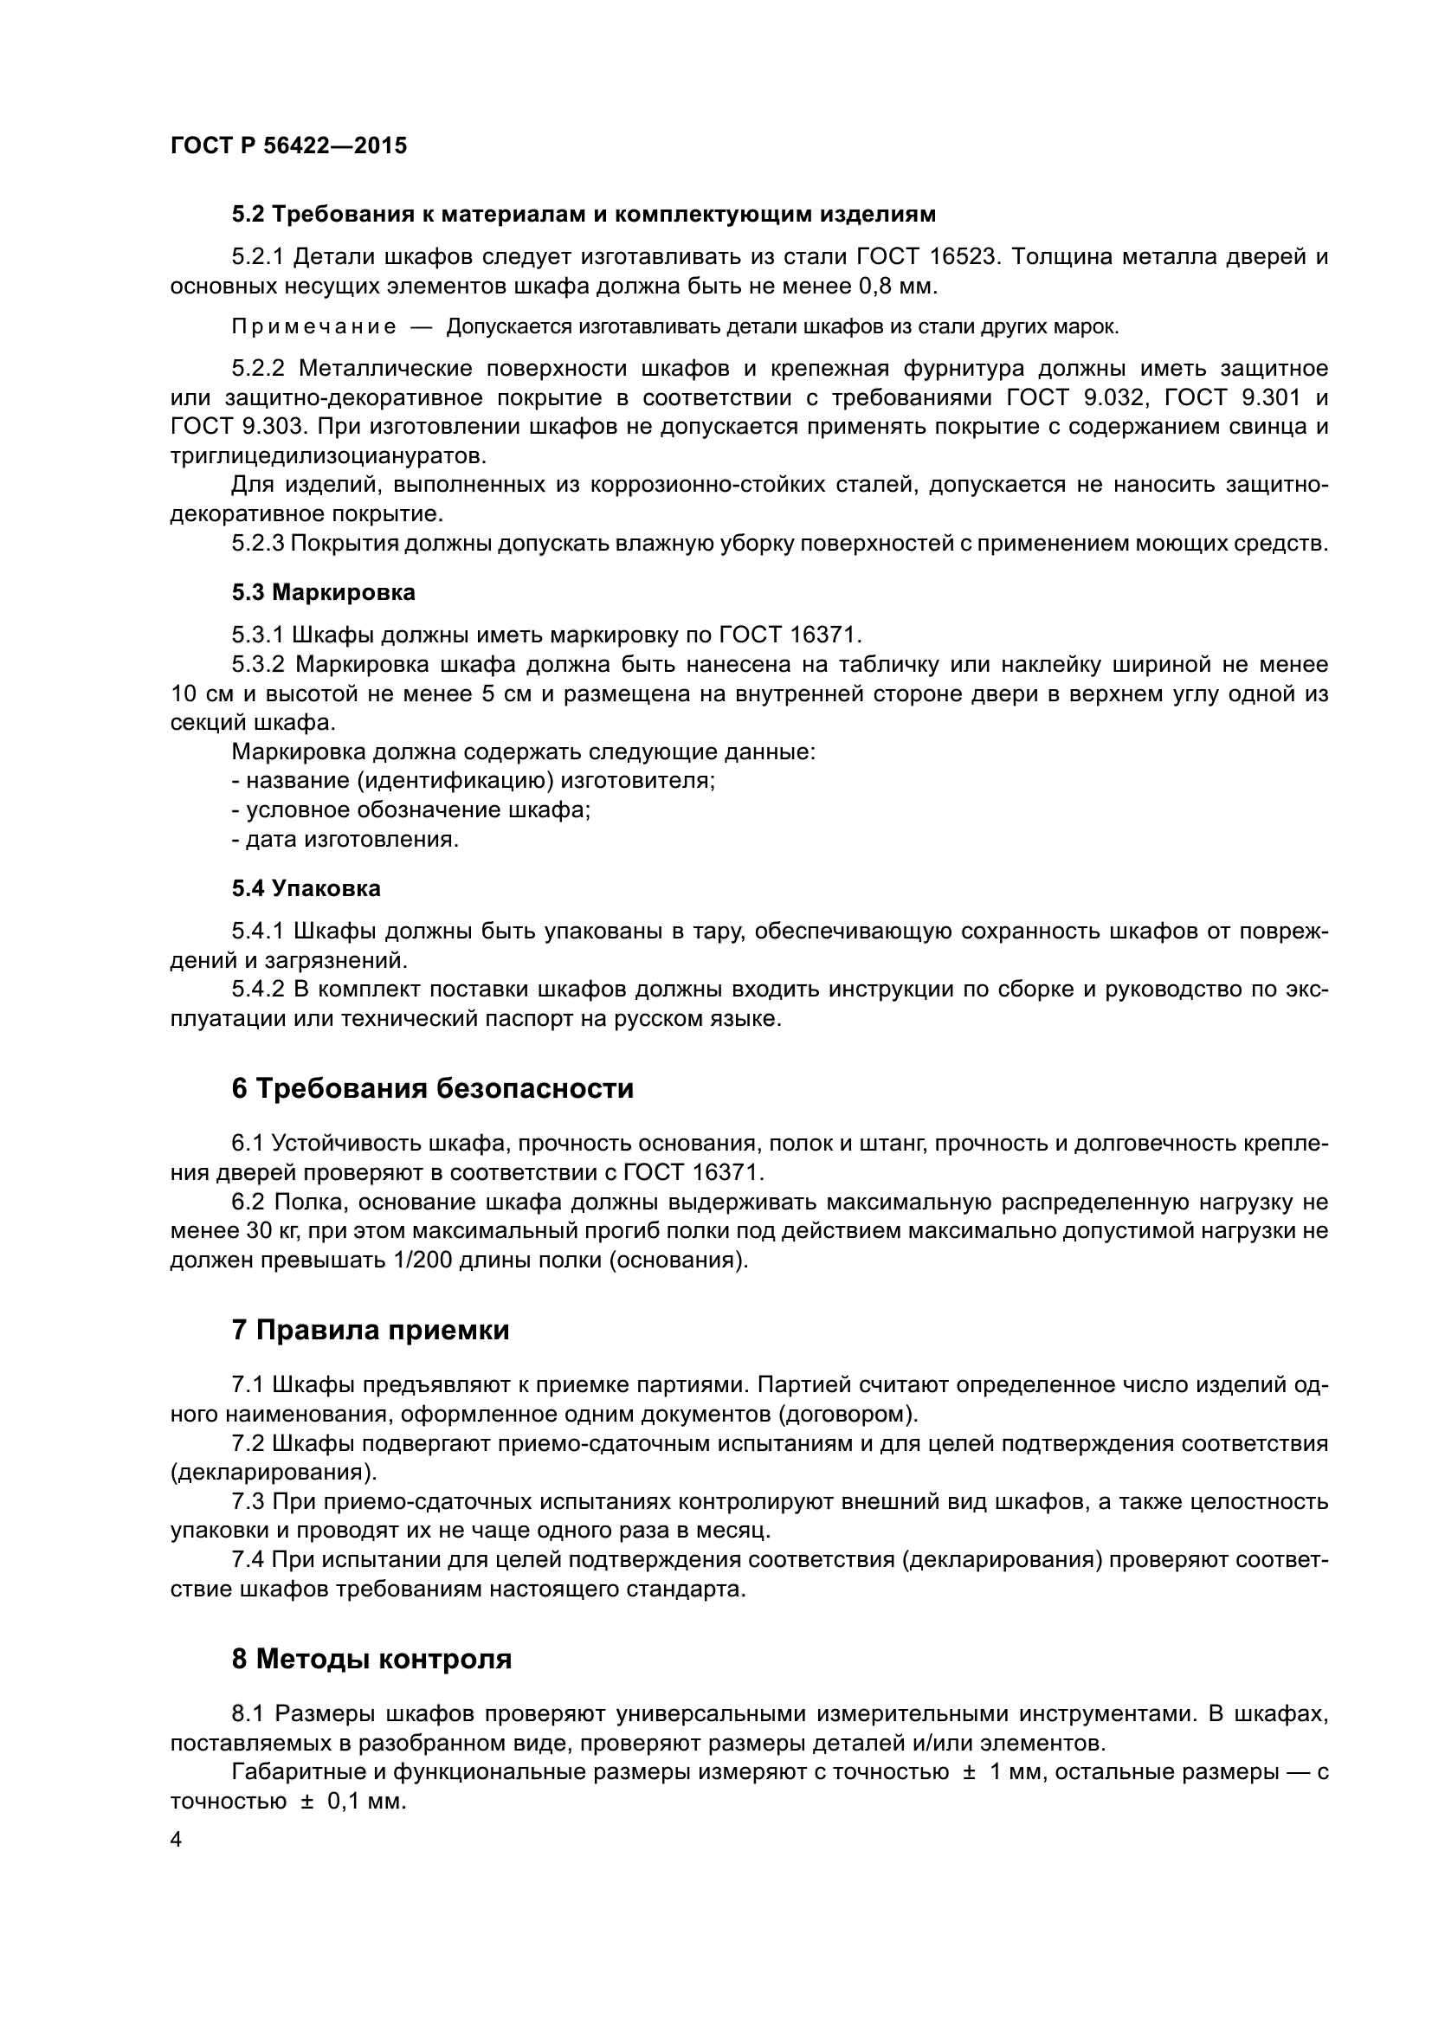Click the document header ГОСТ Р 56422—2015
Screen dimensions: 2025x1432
288,145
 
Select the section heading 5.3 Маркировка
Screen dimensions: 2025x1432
324,593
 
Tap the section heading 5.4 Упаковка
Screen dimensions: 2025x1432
306,888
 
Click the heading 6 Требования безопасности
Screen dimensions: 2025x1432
432,1089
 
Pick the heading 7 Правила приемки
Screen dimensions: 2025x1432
371,1330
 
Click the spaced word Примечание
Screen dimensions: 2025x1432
313,327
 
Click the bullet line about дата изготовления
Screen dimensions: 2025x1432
345,839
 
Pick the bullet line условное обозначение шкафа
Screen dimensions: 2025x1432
411,809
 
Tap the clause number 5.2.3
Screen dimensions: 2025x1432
258,544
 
